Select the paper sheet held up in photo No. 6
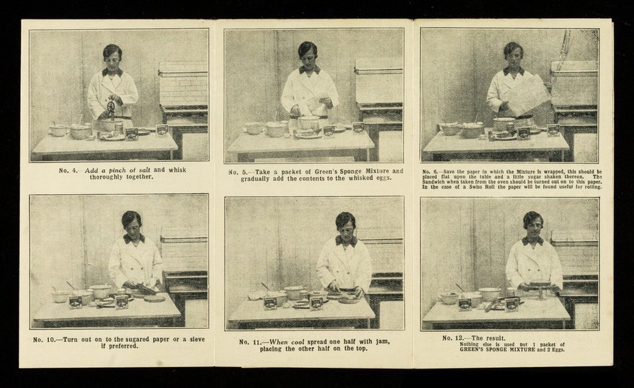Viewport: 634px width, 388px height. tap(527, 94)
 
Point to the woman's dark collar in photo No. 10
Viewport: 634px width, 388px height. tap(133, 238)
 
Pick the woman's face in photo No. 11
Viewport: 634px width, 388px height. tap(346, 226)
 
